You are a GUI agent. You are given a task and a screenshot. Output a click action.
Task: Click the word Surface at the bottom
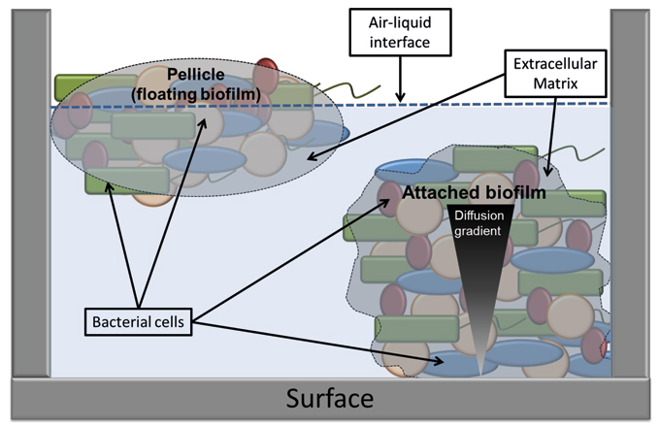(x=329, y=399)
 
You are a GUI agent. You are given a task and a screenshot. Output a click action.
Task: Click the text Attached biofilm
(x=475, y=193)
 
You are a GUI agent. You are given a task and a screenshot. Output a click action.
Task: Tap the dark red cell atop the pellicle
(x=266, y=74)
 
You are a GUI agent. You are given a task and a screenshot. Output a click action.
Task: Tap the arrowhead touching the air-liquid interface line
(x=402, y=98)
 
